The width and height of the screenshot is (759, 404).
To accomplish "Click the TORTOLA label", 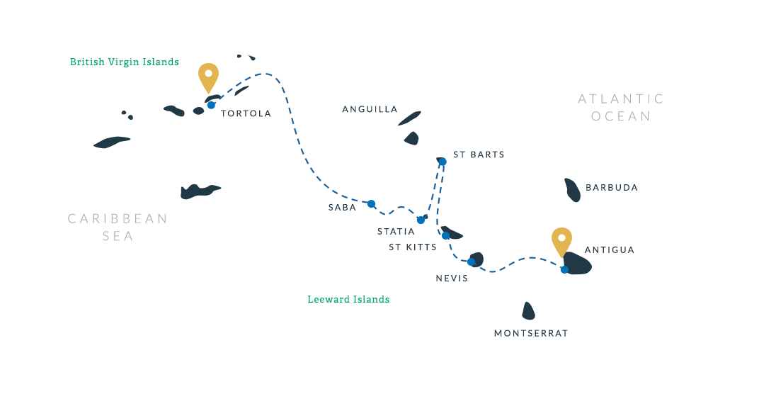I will (246, 113).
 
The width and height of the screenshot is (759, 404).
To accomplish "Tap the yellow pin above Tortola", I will (208, 75).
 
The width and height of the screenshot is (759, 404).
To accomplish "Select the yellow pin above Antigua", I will (561, 240).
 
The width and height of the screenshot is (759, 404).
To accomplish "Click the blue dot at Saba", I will (371, 203).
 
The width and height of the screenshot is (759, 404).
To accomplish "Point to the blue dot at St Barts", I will (443, 162).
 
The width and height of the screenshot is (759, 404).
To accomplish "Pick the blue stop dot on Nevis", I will (472, 262).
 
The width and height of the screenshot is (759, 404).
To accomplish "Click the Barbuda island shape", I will (572, 190).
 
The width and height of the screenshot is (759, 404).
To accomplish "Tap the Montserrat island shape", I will (528, 311).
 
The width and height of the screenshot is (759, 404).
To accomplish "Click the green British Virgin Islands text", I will (125, 62).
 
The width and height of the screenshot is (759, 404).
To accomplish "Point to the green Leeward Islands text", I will (348, 299).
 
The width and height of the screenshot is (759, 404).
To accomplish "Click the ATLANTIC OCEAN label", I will (621, 108).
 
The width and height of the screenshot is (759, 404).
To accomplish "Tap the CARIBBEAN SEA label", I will (118, 227).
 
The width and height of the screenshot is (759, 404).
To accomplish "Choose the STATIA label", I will (396, 232).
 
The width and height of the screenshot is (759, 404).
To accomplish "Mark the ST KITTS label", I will (413, 247).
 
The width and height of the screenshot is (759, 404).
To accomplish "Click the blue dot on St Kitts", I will (445, 235).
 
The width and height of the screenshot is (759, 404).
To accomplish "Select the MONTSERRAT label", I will (531, 333).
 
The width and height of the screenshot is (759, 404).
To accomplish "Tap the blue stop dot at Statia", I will (421, 220).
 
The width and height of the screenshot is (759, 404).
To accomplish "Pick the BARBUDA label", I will (612, 188).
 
